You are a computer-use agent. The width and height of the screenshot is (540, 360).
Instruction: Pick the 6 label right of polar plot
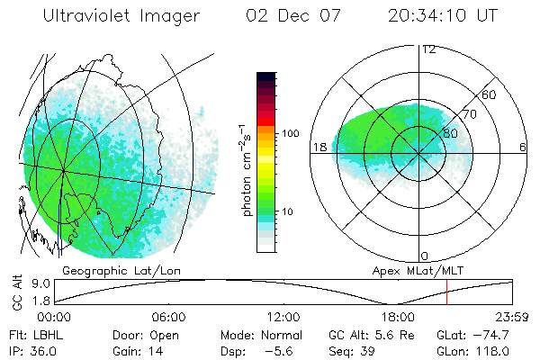tap(523, 146)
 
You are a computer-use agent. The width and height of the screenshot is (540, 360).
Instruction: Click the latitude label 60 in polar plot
tap(490, 95)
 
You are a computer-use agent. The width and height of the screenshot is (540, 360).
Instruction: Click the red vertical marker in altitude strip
tap(446, 292)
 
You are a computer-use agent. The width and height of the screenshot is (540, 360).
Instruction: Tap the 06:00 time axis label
tap(169, 318)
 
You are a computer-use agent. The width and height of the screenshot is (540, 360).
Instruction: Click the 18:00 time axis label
tap(398, 318)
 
